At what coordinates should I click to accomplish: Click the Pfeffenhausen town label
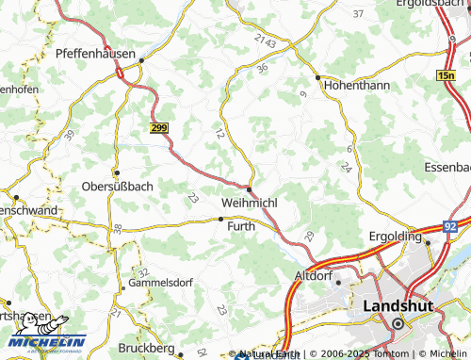pyautogui.click(x=95, y=54)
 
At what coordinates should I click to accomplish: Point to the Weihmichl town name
pyautogui.click(x=249, y=204)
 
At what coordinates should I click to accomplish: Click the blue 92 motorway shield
pyautogui.click(x=451, y=227)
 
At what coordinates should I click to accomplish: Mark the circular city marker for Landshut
pyautogui.click(x=398, y=323)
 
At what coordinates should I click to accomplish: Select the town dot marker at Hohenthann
pyautogui.click(x=318, y=77)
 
